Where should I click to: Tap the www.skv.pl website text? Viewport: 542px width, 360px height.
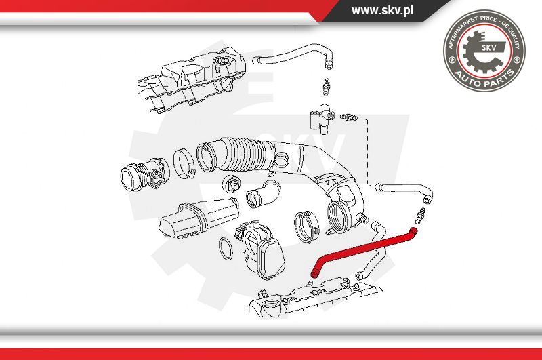(x=382, y=10)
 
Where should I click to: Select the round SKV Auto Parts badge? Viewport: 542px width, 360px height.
(x=484, y=51)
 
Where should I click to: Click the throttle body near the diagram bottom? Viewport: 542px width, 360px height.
(x=259, y=249)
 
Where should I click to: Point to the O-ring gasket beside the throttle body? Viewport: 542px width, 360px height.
(x=226, y=249)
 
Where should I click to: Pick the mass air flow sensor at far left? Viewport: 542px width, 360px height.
(x=145, y=174)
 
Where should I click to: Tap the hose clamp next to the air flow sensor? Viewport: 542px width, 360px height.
(x=184, y=163)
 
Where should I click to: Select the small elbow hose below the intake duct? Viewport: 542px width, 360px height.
(x=264, y=195)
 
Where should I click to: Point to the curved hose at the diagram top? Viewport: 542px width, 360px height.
(x=293, y=56)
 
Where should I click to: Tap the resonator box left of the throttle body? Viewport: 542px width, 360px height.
(x=199, y=218)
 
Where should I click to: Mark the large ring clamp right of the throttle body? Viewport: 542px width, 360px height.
(x=307, y=226)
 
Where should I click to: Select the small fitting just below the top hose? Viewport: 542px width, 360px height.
(x=326, y=87)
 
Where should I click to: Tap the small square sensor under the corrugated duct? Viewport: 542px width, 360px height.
(x=232, y=184)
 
